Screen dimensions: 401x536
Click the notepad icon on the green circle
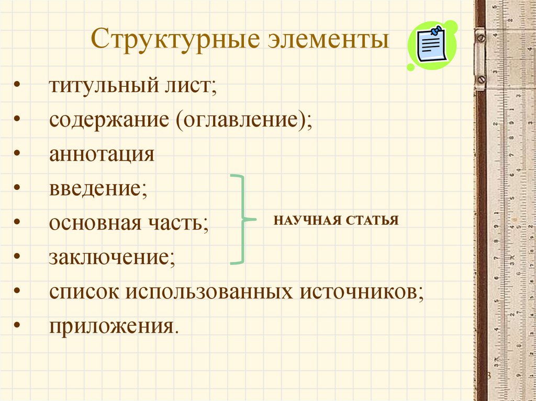[431, 46]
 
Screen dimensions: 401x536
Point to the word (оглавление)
[243, 120]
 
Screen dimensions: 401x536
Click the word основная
[96, 223]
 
